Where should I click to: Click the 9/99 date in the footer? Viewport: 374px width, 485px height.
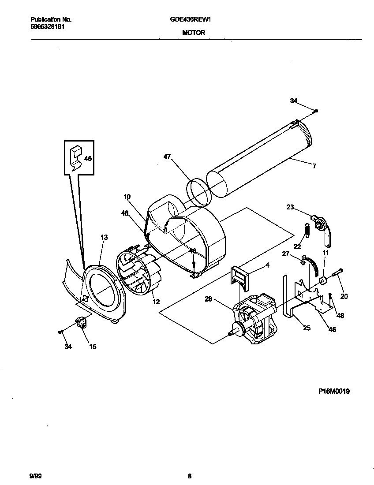[35, 476]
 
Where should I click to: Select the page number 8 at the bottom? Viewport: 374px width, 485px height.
[189, 476]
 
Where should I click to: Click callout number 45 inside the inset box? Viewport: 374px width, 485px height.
[88, 158]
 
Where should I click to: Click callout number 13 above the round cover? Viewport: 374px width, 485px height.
[104, 237]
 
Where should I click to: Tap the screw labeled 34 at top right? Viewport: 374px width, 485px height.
[317, 111]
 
